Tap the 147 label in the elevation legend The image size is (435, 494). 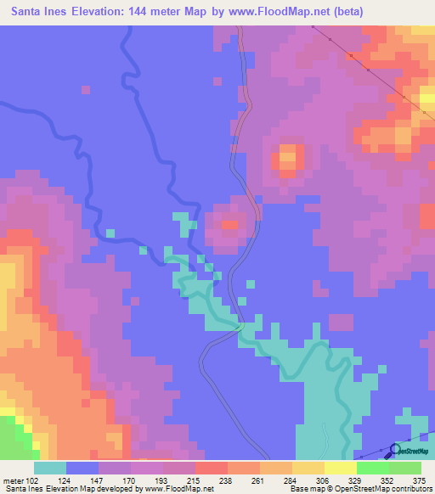click(x=99, y=480)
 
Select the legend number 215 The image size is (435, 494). click(x=195, y=480)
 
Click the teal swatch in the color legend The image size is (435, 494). click(x=50, y=468)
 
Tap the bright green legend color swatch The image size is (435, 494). click(x=373, y=468)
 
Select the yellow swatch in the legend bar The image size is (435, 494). click(x=341, y=468)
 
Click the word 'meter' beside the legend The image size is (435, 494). click(x=12, y=480)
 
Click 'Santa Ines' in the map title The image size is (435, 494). click(x=40, y=12)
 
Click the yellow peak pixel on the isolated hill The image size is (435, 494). click(x=287, y=156)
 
